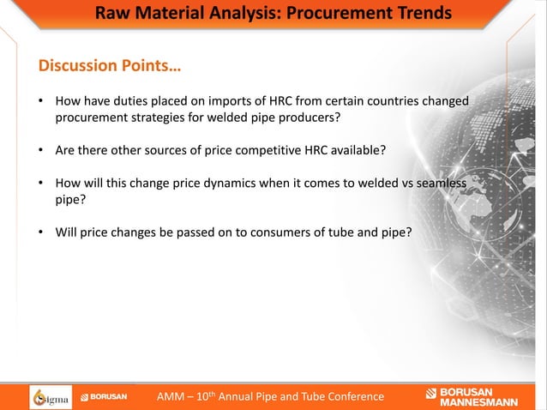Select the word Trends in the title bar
(420, 14)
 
